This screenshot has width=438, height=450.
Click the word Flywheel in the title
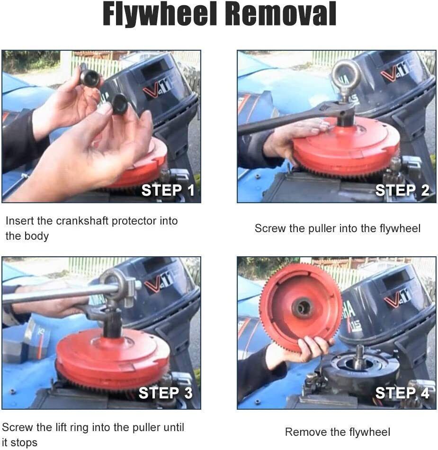click(160, 14)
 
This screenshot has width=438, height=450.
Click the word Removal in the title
click(281, 14)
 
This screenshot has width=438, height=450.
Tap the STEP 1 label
click(168, 190)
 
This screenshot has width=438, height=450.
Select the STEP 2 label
click(402, 190)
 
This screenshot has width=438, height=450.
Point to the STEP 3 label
click(166, 393)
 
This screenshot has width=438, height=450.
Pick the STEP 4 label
click(402, 393)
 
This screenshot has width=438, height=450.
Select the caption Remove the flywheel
click(338, 432)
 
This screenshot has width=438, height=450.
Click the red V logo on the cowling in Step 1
click(151, 92)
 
